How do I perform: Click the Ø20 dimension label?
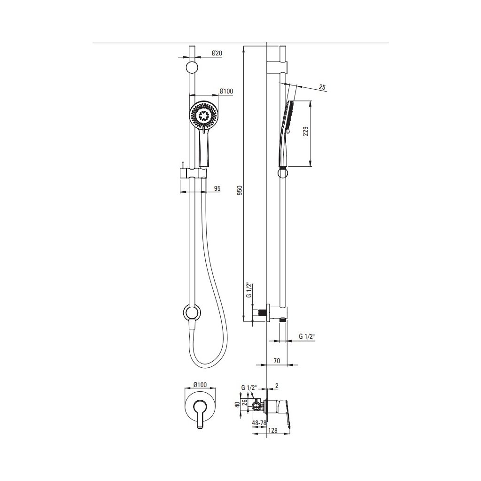tap(217, 53)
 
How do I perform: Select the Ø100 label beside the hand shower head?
tap(226, 91)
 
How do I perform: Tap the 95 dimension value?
tap(217, 188)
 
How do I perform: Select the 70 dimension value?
tap(277, 361)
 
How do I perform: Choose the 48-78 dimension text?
tap(259, 423)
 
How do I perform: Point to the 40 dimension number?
tap(238, 404)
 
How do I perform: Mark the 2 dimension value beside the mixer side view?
tap(277, 386)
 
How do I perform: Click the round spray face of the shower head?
tap(203, 115)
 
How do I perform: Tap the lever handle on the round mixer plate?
tap(201, 414)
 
